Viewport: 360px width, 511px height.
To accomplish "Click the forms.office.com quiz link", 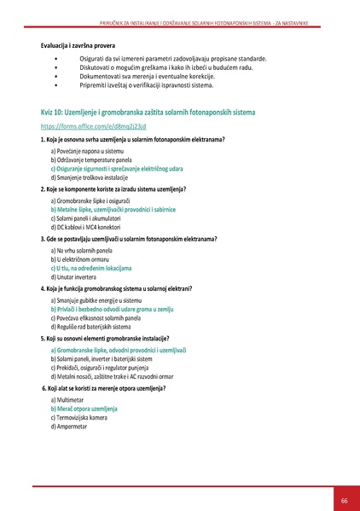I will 83,125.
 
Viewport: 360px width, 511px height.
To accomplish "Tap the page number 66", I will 344,500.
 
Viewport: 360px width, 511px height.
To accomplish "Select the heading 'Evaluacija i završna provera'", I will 79,43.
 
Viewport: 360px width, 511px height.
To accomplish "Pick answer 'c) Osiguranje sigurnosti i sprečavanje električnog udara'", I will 117,169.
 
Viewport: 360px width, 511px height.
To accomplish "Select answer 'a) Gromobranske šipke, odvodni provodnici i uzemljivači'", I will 119,350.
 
